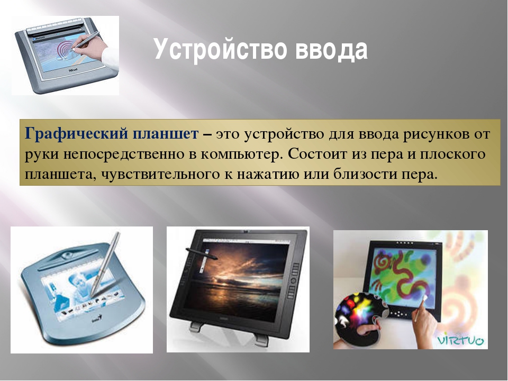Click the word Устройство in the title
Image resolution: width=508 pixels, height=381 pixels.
click(x=221, y=49)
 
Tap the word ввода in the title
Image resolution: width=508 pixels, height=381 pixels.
click(x=331, y=49)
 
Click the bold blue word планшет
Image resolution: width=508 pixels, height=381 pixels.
click(x=165, y=134)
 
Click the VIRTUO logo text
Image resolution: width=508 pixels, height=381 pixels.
click(x=460, y=340)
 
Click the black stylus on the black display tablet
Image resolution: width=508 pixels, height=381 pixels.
click(x=201, y=253)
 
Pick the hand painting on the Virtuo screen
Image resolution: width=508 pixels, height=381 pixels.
click(x=425, y=319)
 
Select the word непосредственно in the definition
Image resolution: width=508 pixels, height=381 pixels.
click(x=124, y=155)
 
